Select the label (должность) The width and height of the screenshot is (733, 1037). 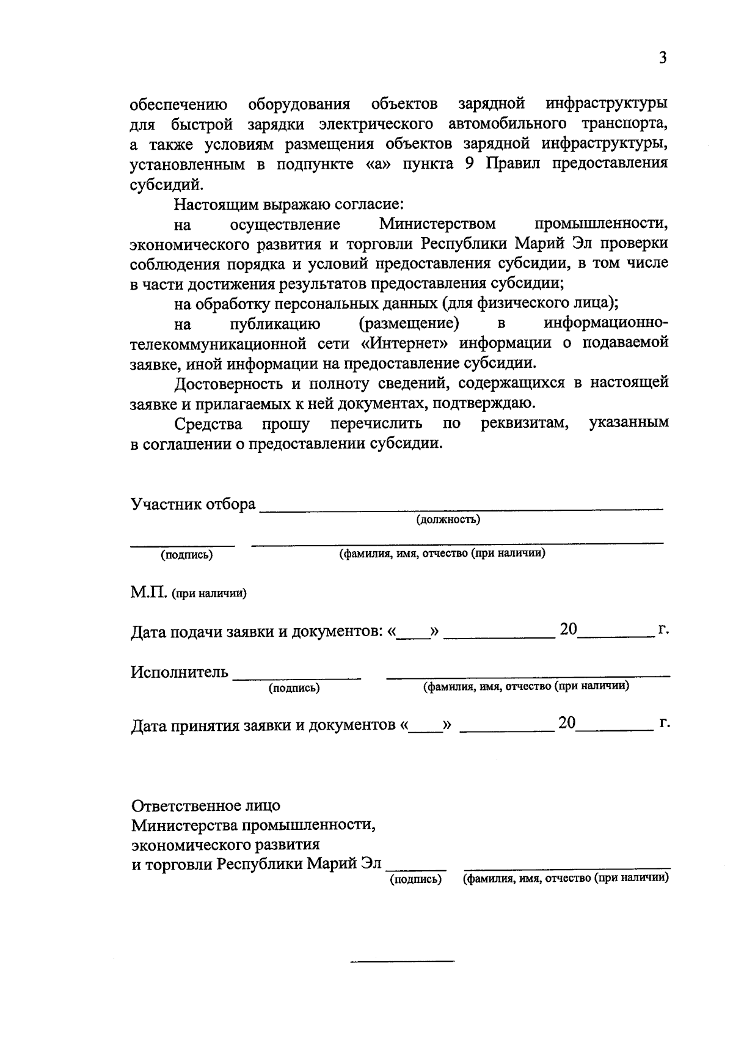(x=448, y=520)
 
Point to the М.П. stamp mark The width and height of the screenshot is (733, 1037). (x=148, y=593)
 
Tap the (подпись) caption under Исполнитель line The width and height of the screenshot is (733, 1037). (x=294, y=688)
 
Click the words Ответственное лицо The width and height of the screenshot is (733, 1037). (x=206, y=805)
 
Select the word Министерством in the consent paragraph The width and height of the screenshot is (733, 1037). (x=437, y=224)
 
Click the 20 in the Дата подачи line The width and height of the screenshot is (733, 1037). (x=568, y=629)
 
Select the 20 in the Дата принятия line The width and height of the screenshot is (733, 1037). (x=566, y=722)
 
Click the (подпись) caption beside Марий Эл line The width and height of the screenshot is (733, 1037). (x=415, y=879)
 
